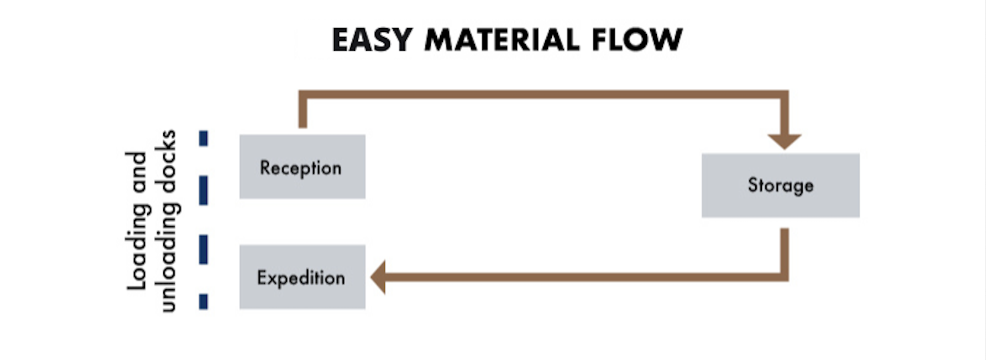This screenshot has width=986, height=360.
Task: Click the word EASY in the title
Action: click(x=372, y=39)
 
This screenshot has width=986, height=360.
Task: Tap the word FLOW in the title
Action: click(x=637, y=39)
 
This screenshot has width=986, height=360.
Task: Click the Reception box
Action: click(x=302, y=167)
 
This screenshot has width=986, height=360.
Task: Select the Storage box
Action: click(x=781, y=185)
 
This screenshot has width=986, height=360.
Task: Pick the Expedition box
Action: click(x=302, y=277)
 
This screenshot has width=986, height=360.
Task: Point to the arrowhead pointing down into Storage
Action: click(x=785, y=142)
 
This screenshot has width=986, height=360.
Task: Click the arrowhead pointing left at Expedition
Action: click(x=378, y=277)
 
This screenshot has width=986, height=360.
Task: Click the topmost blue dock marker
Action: click(x=203, y=139)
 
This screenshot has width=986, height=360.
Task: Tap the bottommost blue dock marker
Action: click(x=203, y=302)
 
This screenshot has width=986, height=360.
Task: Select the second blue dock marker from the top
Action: click(x=203, y=190)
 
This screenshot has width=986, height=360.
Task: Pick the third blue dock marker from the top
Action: click(x=203, y=250)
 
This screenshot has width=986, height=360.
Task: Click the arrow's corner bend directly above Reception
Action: click(x=303, y=94)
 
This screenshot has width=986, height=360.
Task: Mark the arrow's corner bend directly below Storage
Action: click(x=785, y=277)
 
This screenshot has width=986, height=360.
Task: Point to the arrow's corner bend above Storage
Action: click(x=785, y=94)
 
